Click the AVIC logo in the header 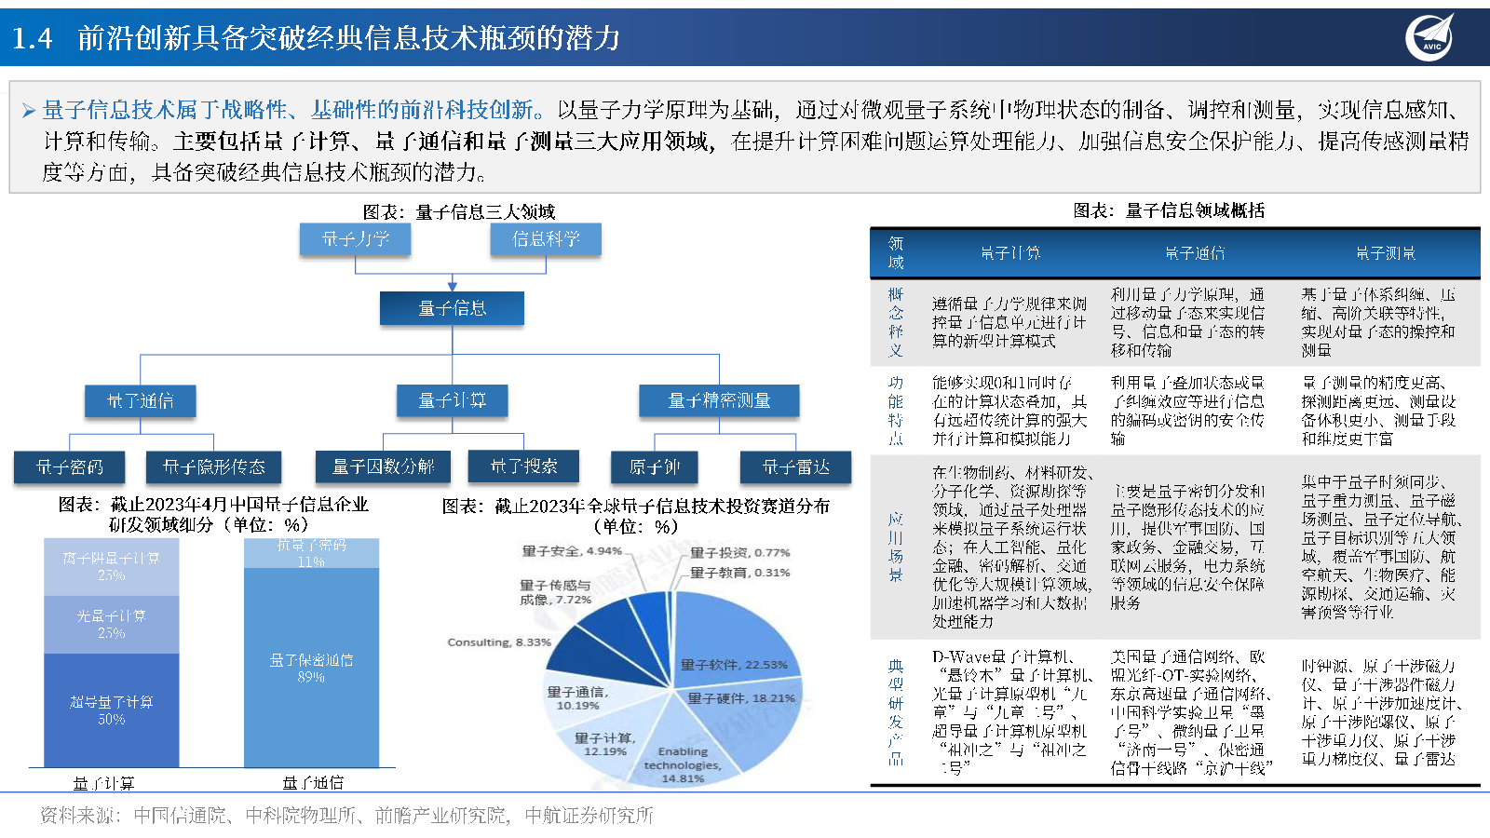(1429, 37)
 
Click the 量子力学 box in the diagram (355, 239)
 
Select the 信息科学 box (546, 239)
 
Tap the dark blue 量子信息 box (452, 308)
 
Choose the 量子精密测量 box (719, 400)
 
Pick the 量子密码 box (70, 466)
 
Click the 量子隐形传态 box (214, 466)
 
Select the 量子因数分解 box (384, 466)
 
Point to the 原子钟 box (655, 466)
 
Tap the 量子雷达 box (795, 466)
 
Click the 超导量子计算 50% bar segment (112, 710)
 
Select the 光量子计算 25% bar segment (112, 625)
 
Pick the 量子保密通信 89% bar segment (311, 668)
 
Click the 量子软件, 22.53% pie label (734, 665)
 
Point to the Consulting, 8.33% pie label (498, 642)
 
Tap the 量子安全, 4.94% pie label (571, 551)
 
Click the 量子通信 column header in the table (1195, 253)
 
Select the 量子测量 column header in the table (1385, 253)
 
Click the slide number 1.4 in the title (33, 38)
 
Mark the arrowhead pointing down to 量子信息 (453, 287)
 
